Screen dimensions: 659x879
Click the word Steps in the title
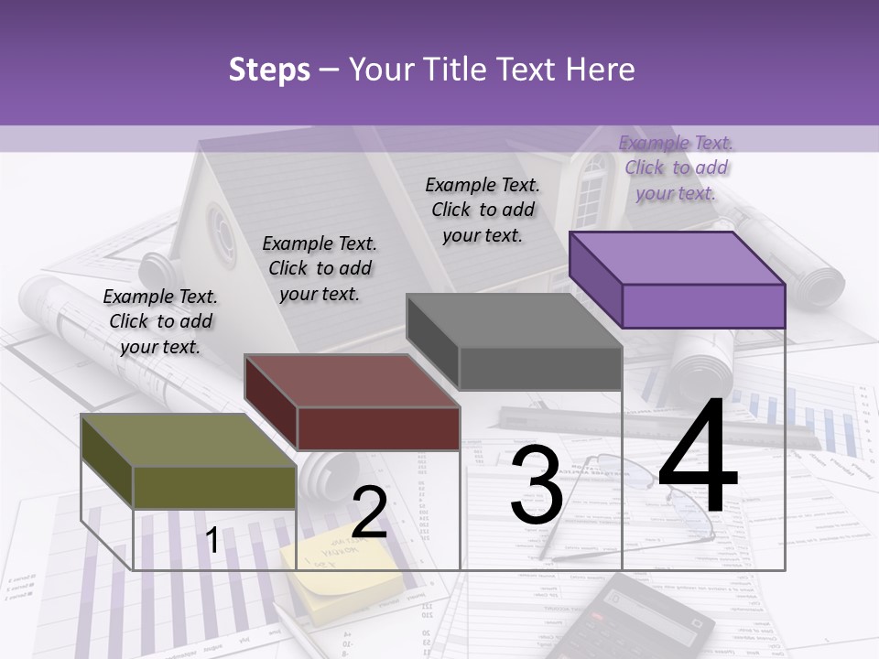[x=269, y=70]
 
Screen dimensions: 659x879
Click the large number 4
[x=698, y=458]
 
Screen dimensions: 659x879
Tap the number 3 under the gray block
[x=536, y=485]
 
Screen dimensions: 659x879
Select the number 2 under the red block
[x=369, y=513]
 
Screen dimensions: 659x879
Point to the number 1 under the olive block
[x=212, y=541]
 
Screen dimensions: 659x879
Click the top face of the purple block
[x=676, y=258]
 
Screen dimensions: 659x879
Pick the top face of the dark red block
[x=351, y=381]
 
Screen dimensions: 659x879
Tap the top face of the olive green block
[x=188, y=440]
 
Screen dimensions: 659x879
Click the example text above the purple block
[x=676, y=167]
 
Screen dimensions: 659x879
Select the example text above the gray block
[x=483, y=210]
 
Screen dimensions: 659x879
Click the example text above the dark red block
[x=320, y=268]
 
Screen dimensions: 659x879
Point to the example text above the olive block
[x=160, y=321]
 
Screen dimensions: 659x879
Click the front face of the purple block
[x=703, y=306]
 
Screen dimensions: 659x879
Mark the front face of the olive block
[x=214, y=488]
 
